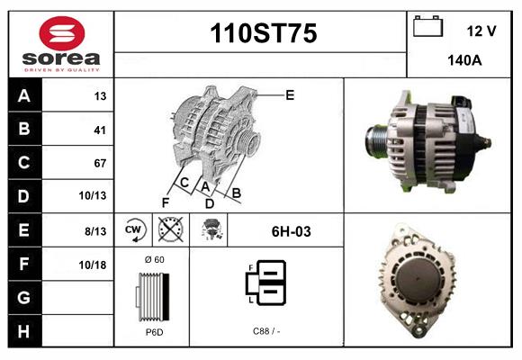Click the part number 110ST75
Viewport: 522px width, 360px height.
[264, 33]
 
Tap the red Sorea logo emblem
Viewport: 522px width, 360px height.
[62, 33]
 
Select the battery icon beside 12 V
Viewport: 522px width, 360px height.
[427, 26]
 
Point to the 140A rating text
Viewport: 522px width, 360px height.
[464, 60]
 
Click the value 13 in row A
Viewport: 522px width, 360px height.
[100, 96]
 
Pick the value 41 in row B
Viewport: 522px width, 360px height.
[100, 130]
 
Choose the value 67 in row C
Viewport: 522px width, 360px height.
[100, 163]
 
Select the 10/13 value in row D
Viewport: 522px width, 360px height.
[93, 195]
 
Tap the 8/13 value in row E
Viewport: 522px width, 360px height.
[95, 231]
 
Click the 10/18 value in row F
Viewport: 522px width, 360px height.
[93, 265]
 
